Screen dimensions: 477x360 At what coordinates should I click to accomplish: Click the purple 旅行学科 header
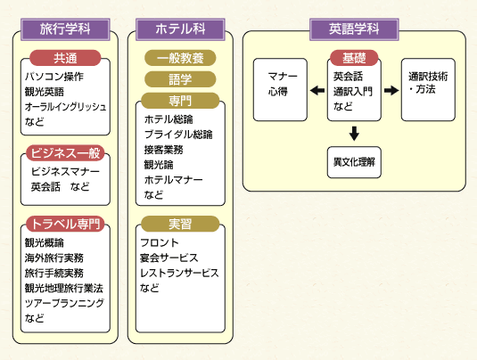pyautogui.click(x=65, y=29)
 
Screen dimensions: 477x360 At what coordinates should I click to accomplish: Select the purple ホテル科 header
pyautogui.click(x=180, y=29)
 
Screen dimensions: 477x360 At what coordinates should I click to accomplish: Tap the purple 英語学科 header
pyautogui.click(x=354, y=29)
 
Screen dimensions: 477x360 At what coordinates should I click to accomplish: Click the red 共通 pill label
pyautogui.click(x=65, y=58)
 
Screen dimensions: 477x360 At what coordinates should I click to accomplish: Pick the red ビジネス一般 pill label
pyautogui.click(x=65, y=153)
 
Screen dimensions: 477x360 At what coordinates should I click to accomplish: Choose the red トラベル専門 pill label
pyautogui.click(x=65, y=224)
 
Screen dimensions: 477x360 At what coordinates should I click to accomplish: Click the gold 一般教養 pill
pyautogui.click(x=180, y=58)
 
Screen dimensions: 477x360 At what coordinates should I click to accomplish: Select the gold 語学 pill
pyautogui.click(x=180, y=79)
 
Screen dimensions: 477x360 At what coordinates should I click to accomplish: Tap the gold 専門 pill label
pyautogui.click(x=180, y=101)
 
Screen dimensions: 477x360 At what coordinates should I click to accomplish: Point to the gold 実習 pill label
pyautogui.click(x=180, y=224)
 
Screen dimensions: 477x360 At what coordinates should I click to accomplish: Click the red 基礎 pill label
pyautogui.click(x=354, y=58)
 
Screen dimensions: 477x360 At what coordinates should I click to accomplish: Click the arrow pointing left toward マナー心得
pyautogui.click(x=317, y=90)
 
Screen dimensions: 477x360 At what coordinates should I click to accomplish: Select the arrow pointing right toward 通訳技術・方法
pyautogui.click(x=391, y=90)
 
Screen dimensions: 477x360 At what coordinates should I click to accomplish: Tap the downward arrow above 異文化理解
pyautogui.click(x=354, y=134)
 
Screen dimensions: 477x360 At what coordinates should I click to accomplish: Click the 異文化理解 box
pyautogui.click(x=354, y=162)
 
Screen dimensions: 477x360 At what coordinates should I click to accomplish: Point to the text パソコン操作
pyautogui.click(x=54, y=77)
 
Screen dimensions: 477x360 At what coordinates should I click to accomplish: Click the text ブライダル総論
pyautogui.click(x=178, y=134)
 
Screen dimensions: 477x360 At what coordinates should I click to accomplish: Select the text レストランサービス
pyautogui.click(x=179, y=273)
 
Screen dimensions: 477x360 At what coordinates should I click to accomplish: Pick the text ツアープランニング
pyautogui.click(x=64, y=303)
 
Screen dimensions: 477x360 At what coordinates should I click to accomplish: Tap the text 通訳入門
pyautogui.click(x=353, y=91)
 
